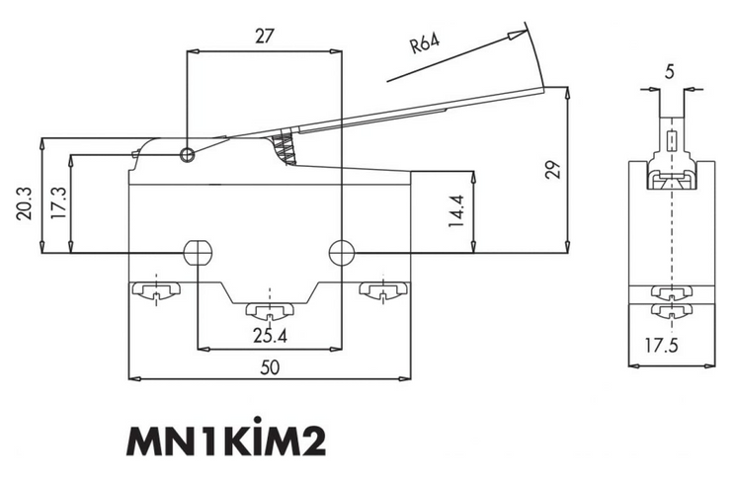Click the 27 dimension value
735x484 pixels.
tap(264, 37)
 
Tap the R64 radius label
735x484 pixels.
tap(425, 43)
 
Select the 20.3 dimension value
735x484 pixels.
tap(24, 203)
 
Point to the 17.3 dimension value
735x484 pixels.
tap(58, 203)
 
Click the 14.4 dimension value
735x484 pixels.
tap(455, 211)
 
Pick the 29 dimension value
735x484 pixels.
tap(553, 170)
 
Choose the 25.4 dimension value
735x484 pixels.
tap(270, 336)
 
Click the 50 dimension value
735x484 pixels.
tap(270, 367)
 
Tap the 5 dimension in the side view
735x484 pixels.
tap(670, 72)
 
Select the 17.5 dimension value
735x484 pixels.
tap(661, 346)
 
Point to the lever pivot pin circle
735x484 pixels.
tap(187, 155)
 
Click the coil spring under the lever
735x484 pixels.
tap(284, 148)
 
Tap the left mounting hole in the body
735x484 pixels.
tap(198, 253)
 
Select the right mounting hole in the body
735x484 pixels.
tap(342, 253)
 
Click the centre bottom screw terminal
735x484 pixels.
tap(270, 310)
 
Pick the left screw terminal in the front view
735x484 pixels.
tap(156, 290)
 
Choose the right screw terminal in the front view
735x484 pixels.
tap(383, 290)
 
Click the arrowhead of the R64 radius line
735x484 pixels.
tap(518, 36)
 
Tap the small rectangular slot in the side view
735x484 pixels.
tap(672, 141)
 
